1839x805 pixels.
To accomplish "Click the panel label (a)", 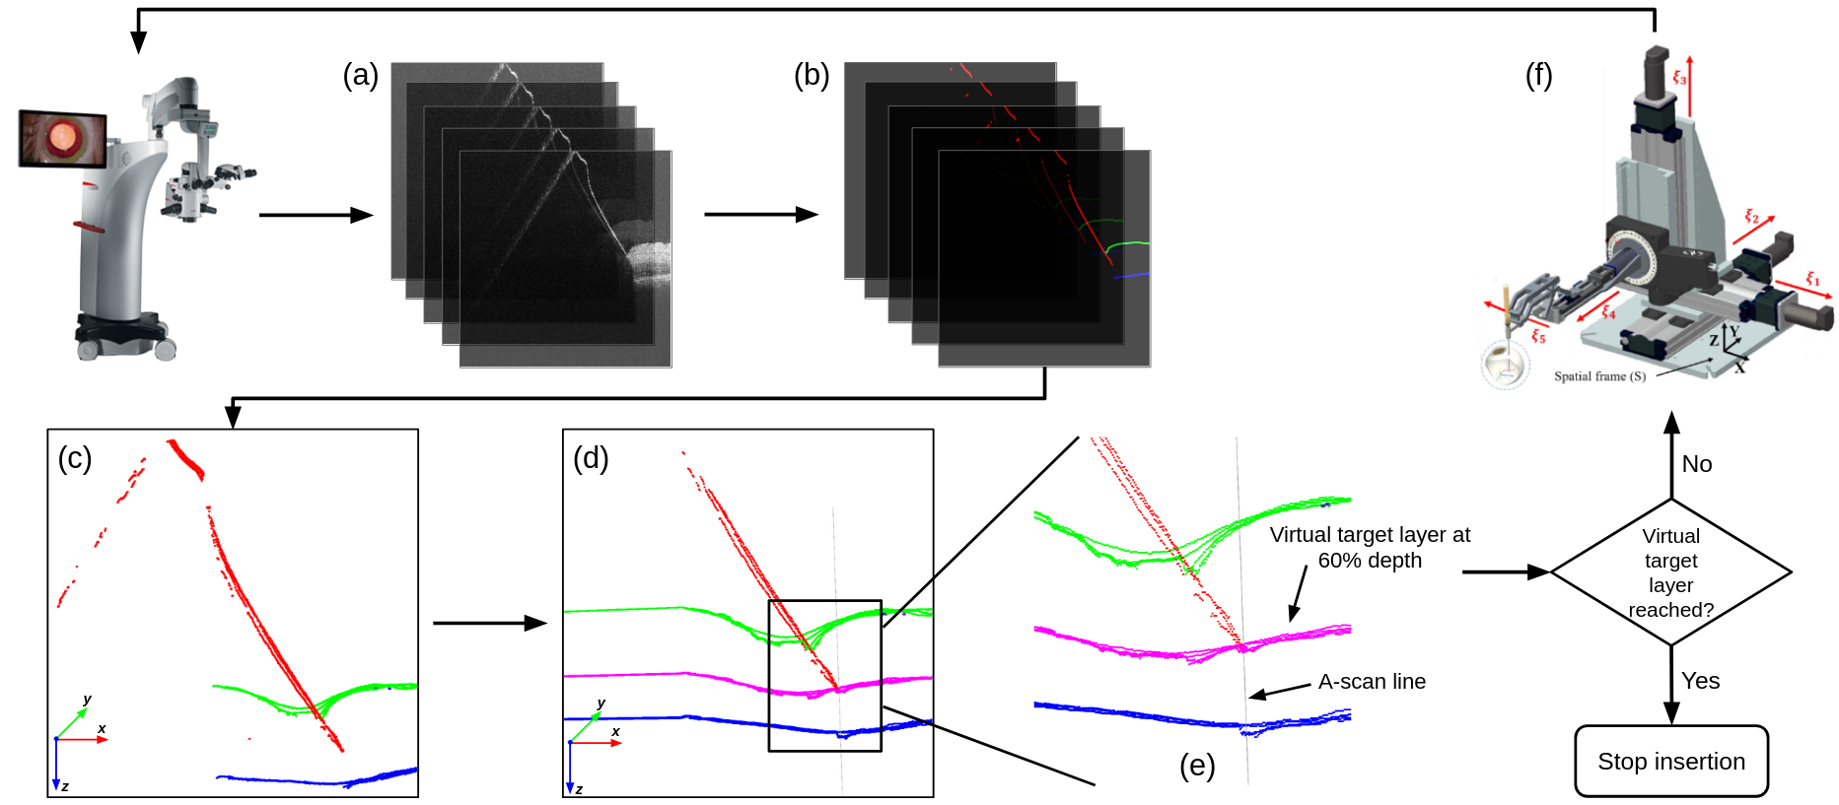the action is coord(360,75).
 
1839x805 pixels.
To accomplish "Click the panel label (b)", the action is coord(812,75).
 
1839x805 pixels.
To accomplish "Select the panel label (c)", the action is coord(75,458).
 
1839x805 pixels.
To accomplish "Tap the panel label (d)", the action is coord(591,458).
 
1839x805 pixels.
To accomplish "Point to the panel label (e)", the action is coord(1197,766).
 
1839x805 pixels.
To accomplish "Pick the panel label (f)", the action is coord(1538,75).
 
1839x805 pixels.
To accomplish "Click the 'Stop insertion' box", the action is coord(1671,761).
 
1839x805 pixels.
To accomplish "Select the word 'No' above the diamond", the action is coord(1697,464).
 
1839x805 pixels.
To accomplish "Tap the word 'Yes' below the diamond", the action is coord(1700,681).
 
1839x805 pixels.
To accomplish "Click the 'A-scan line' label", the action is coord(1372,682).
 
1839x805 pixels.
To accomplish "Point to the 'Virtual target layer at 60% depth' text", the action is coord(1370,547).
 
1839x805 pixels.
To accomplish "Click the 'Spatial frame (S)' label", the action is coord(1599,376).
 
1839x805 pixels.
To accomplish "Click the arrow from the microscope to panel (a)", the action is coord(316,215).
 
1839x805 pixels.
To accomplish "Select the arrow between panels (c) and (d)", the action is coord(489,623).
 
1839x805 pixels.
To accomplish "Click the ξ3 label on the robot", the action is coord(1679,77).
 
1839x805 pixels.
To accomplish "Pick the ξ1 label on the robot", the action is coord(1812,280).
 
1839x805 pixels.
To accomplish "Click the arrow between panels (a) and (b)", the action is coord(761,214).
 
